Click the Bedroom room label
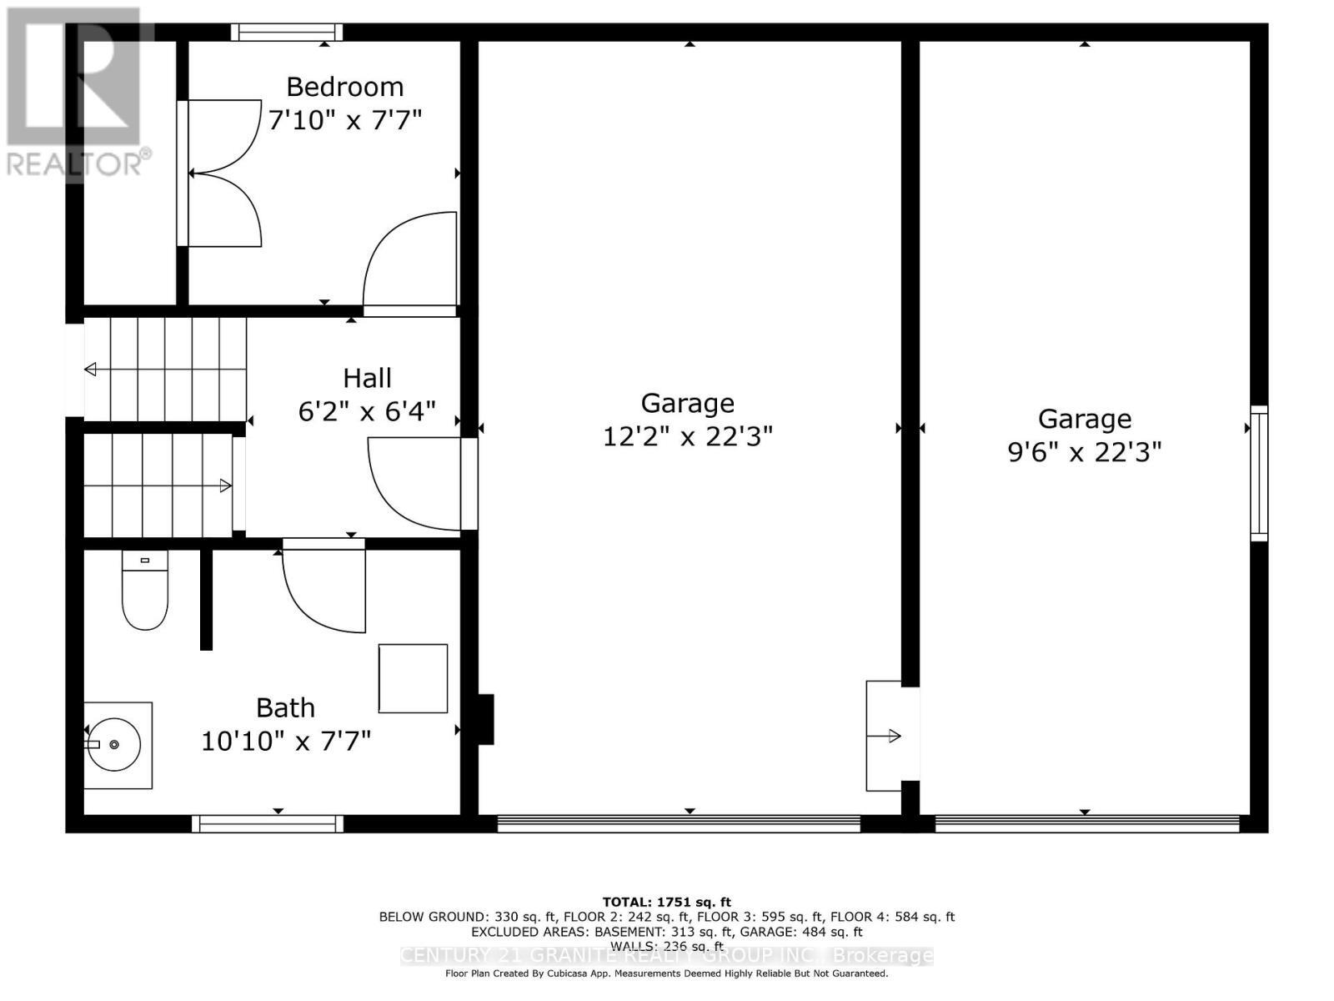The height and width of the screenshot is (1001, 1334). [344, 87]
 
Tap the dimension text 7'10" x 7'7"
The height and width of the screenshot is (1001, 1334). [344, 120]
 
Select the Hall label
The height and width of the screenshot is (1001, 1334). [367, 378]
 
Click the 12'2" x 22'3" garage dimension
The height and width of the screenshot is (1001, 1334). [688, 436]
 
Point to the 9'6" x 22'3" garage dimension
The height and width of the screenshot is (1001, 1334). [1084, 452]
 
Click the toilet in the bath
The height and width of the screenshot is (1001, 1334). [145, 591]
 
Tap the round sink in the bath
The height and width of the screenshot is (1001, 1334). [118, 744]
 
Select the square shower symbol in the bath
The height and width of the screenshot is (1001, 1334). [413, 678]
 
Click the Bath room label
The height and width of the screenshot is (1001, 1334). [285, 708]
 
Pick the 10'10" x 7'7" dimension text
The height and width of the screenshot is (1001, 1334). [285, 741]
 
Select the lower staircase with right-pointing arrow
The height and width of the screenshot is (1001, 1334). [158, 485]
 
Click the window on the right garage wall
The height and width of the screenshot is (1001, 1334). [1259, 473]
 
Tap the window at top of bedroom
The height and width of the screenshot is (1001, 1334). [287, 33]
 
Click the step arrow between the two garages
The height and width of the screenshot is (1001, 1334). [885, 736]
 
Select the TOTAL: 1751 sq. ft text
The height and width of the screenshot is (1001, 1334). [666, 902]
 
